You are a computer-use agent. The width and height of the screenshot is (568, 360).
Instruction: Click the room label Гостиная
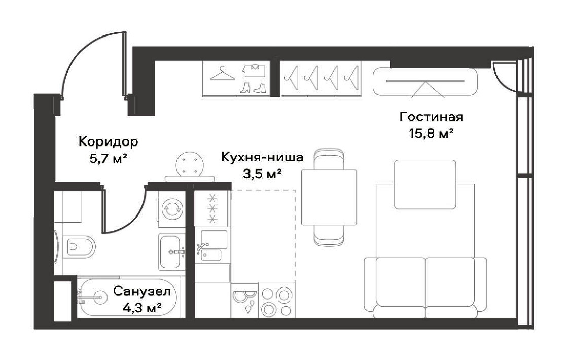[431, 117]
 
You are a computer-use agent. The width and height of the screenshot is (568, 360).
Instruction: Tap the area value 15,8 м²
[431, 134]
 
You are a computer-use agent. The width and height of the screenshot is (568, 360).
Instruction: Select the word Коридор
[109, 141]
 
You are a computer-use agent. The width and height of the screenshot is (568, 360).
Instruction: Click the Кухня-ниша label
[262, 158]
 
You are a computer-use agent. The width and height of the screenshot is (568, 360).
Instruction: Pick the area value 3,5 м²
[262, 174]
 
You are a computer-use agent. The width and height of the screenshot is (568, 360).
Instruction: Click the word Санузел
[141, 291]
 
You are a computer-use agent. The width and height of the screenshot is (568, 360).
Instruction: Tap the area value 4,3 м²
[142, 308]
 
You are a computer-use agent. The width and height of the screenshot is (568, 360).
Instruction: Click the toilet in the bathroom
[79, 247]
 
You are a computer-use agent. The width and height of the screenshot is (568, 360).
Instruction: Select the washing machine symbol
[172, 209]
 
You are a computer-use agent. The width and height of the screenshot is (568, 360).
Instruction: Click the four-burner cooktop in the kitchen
[277, 300]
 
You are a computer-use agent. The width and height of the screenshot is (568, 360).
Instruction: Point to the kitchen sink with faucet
[211, 245]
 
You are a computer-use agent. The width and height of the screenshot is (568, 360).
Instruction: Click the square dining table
[329, 197]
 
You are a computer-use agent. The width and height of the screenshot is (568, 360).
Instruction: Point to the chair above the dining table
[329, 159]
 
